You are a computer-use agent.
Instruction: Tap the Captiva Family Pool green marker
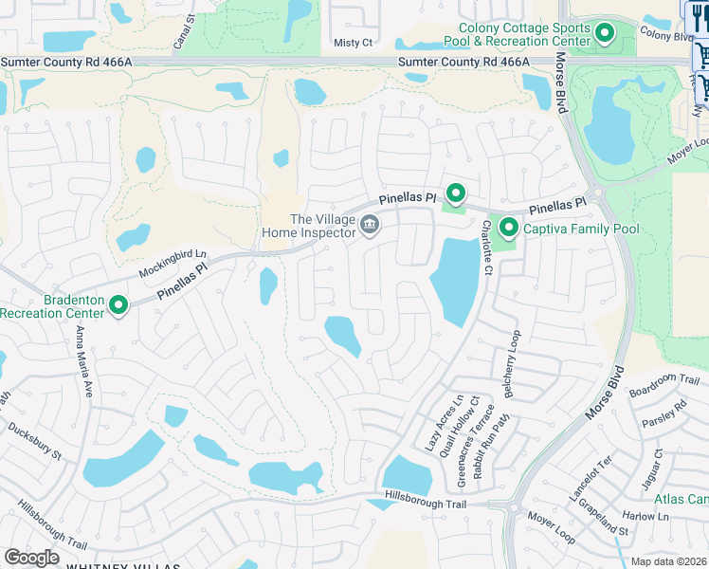click(x=509, y=228)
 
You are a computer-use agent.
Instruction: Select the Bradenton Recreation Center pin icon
click(x=118, y=305)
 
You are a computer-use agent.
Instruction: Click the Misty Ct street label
click(x=354, y=43)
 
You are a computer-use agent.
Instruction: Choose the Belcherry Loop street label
click(x=513, y=363)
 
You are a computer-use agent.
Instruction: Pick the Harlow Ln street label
click(x=649, y=517)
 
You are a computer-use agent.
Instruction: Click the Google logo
click(x=31, y=557)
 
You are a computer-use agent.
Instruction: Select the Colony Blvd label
click(x=667, y=35)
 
